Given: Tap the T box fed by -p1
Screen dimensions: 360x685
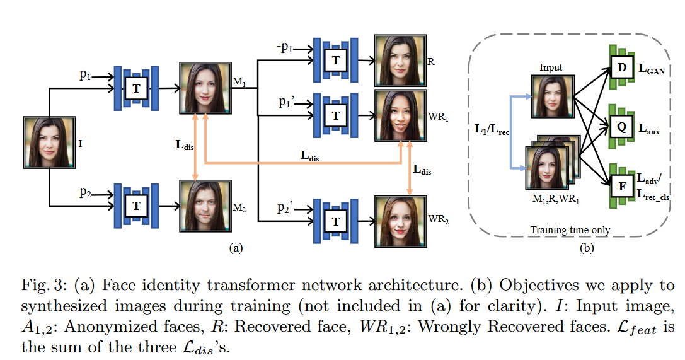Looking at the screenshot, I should pyautogui.click(x=335, y=60).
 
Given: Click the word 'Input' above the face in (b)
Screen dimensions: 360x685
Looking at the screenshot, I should pyautogui.click(x=551, y=67).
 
